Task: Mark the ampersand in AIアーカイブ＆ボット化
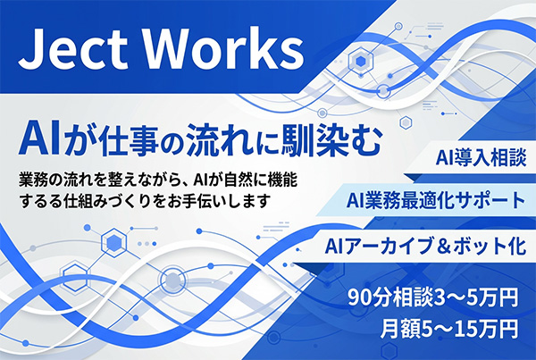coord(440,245)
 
